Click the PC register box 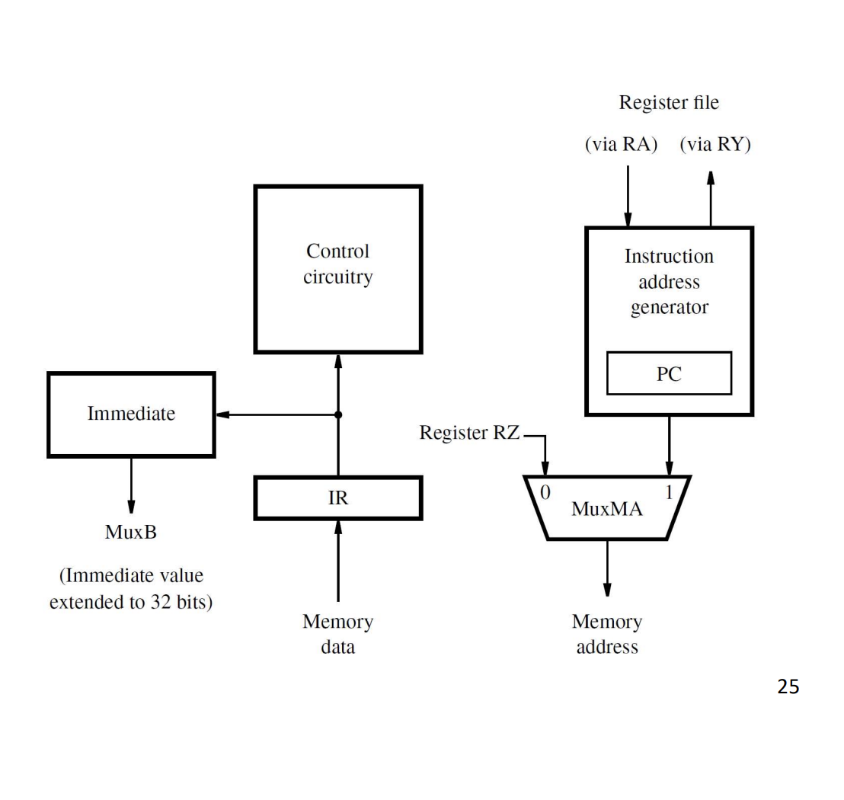pos(669,373)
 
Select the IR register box pos(338,498)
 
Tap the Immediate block pos(131,414)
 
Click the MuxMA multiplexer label pos(607,509)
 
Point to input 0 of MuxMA pos(545,492)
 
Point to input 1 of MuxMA pos(669,492)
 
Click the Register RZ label pos(469,432)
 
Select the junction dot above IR pos(338,414)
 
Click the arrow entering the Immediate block pos(277,414)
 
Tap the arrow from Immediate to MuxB pos(131,485)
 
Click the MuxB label pos(131,532)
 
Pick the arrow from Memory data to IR pos(338,561)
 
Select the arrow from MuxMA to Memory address pos(607,568)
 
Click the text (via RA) pos(621,144)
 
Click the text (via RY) pos(715,144)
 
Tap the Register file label pos(669,102)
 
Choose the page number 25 pos(788,686)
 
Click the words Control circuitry pos(338,264)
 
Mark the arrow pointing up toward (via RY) pos(711,199)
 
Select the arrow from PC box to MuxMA pos(669,446)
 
